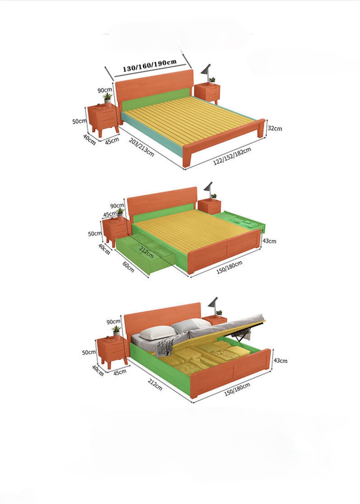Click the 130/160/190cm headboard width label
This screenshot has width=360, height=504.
pyautogui.click(x=150, y=65)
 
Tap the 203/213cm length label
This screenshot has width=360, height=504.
pyautogui.click(x=141, y=147)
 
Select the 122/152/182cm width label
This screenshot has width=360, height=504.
pyautogui.click(x=232, y=156)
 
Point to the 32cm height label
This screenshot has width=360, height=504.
pyautogui.click(x=274, y=128)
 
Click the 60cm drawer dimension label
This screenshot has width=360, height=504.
pyautogui.click(x=128, y=267)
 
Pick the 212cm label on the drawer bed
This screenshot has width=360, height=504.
pyautogui.click(x=146, y=252)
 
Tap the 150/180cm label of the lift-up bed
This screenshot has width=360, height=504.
pyautogui.click(x=237, y=389)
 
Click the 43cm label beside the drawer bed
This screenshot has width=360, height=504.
pyautogui.click(x=269, y=241)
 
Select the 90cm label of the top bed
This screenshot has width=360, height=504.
pyautogui.click(x=105, y=90)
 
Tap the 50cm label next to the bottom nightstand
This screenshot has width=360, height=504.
pyautogui.click(x=89, y=352)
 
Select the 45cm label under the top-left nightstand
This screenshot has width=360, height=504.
pyautogui.click(x=112, y=141)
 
